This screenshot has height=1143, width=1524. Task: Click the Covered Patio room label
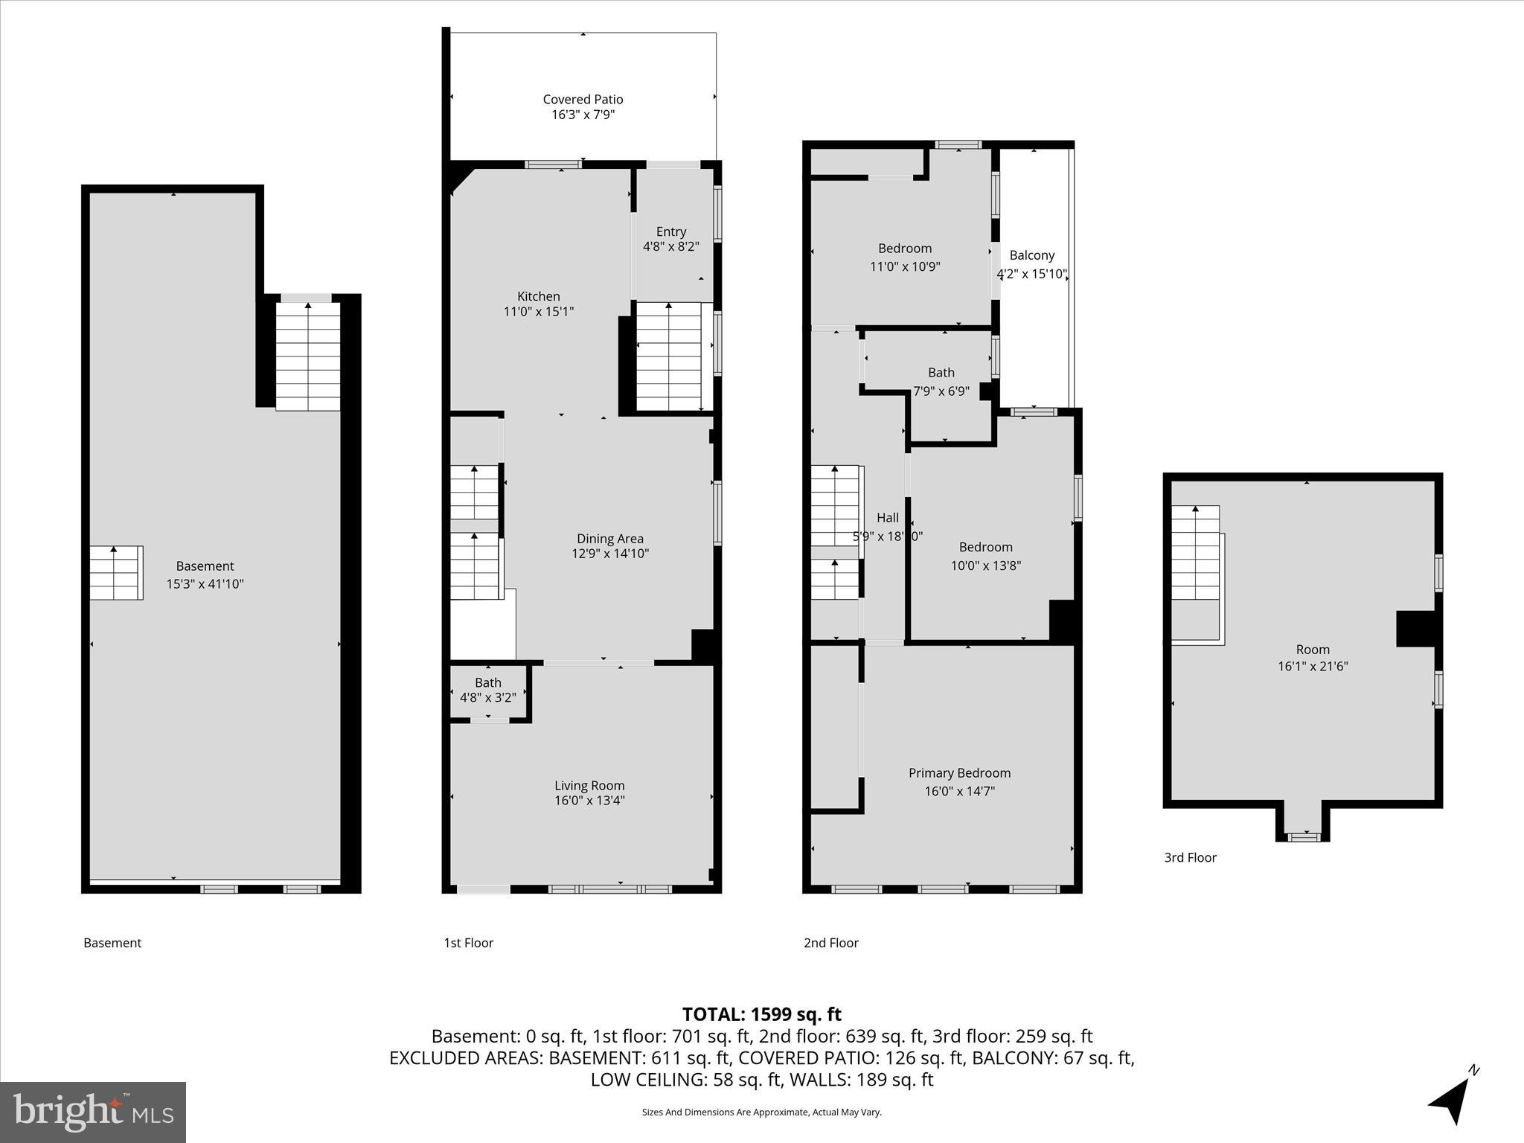pos(583,99)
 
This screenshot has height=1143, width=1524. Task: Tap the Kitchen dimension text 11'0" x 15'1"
pos(538,312)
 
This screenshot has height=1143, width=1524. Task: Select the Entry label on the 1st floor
pos(670,231)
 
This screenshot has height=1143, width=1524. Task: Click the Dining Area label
pos(609,539)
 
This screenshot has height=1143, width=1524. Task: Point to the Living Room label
pos(589,786)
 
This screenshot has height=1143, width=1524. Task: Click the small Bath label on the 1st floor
pos(487,682)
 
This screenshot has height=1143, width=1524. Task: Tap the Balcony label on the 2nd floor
pos(1031,255)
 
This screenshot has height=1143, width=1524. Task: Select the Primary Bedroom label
pos(959,773)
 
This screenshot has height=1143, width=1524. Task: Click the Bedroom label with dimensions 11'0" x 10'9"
pos(904,249)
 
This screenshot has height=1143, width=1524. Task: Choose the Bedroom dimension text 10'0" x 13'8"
pos(985,566)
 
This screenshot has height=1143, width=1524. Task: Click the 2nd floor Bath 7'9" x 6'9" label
pos(941,373)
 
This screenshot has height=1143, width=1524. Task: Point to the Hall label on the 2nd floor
pos(887,518)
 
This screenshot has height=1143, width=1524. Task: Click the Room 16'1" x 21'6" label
pos(1312,650)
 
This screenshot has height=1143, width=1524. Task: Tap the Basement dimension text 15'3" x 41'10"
pos(205,584)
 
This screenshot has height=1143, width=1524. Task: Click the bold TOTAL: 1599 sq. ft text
pos(761,1014)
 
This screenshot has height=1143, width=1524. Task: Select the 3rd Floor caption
pos(1190,857)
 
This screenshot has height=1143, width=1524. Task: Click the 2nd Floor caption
pos(830,943)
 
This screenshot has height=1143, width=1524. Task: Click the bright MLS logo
pos(93,1112)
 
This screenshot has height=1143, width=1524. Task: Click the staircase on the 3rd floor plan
pos(1196,554)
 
